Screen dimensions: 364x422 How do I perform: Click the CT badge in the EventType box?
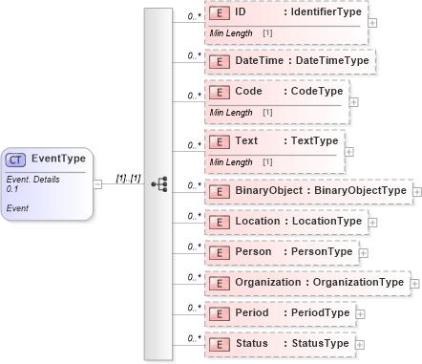17,160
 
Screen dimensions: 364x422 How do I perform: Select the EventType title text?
59,160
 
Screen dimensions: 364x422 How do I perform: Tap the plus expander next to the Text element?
348,151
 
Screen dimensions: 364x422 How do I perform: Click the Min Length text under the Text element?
228,161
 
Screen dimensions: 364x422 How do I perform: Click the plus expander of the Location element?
372,222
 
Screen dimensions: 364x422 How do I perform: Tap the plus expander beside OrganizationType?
415,284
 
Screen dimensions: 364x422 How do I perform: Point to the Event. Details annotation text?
32,178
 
